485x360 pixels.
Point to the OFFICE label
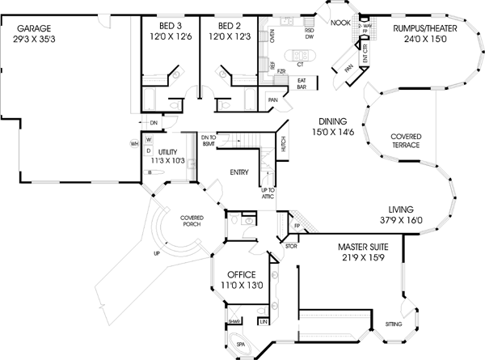pos(241,278)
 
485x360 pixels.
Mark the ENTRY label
pos(238,172)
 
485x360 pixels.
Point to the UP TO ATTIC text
pos(268,193)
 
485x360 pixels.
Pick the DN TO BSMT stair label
pos(209,141)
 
